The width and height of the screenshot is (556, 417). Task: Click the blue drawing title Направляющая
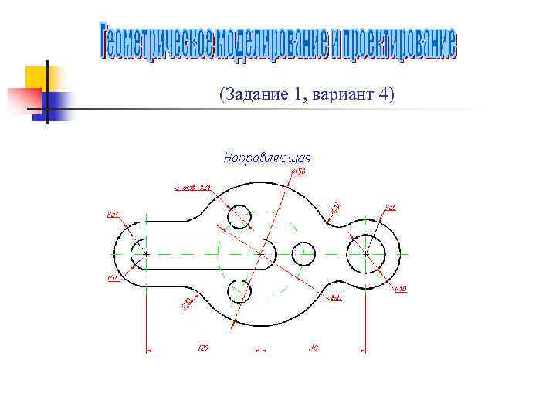point(267,159)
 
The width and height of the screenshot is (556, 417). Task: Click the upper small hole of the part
point(241,217)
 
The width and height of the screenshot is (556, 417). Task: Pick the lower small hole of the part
point(239,290)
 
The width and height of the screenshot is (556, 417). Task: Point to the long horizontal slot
point(202,253)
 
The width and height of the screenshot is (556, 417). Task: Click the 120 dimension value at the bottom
point(203,348)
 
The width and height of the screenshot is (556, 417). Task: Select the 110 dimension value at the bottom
point(313,348)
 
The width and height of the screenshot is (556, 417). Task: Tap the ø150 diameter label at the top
point(299,172)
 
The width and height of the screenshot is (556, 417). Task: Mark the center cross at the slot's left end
point(146,253)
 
